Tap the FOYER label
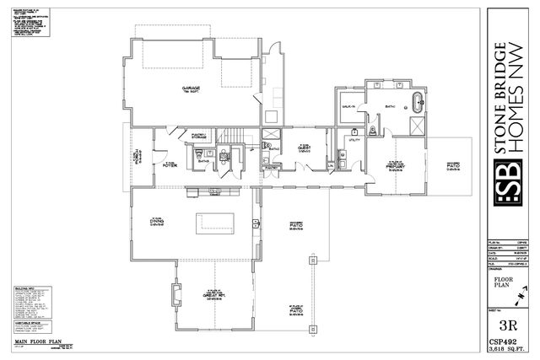pyautogui.click(x=169, y=164)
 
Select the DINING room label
pyautogui.click(x=155, y=222)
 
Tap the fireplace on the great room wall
pyautogui.click(x=176, y=294)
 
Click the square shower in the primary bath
pyautogui.click(x=416, y=126)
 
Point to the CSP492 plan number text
pyautogui.click(x=508, y=341)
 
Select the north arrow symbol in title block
pyautogui.click(x=521, y=294)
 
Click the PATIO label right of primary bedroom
pyautogui.click(x=453, y=167)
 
